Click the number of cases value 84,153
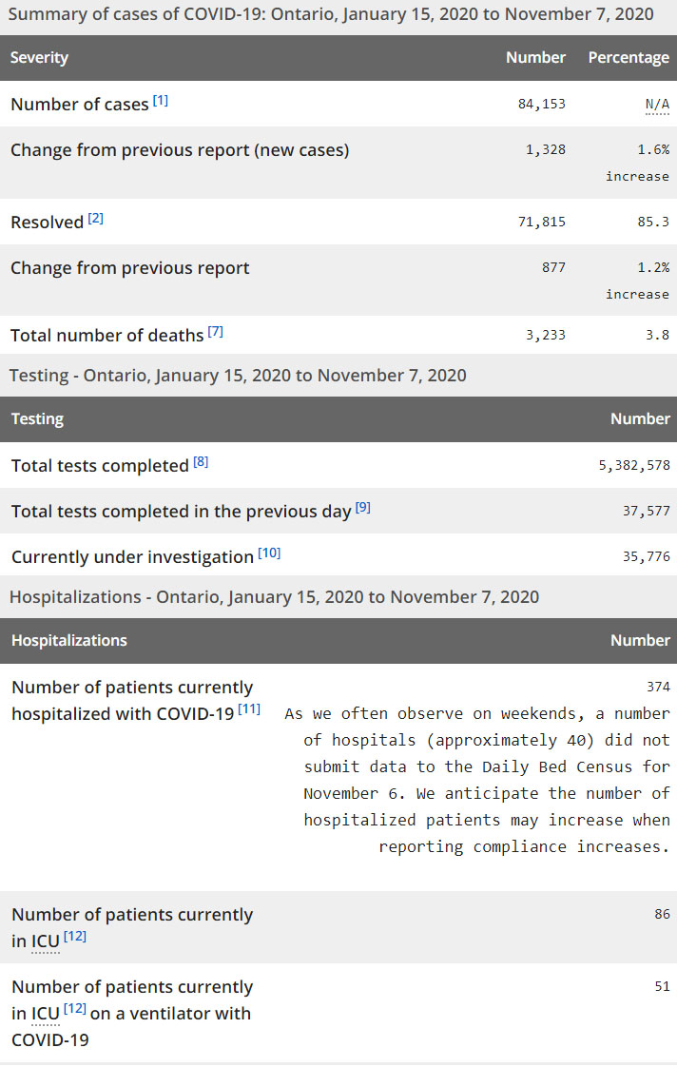(541, 104)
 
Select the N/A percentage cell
(657, 104)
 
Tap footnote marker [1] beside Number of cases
(161, 100)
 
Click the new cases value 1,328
(545, 149)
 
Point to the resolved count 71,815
(541, 222)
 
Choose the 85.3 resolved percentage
(657, 222)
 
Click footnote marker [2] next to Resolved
(96, 218)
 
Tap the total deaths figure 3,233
(545, 334)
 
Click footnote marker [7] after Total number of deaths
(216, 331)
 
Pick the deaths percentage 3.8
(661, 334)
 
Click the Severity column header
(39, 58)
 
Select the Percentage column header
(629, 58)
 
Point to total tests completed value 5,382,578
(634, 465)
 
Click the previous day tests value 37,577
(647, 511)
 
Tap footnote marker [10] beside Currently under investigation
(269, 553)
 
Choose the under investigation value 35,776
(647, 556)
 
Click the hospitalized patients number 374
(658, 687)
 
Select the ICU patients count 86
(662, 914)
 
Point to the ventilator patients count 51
(662, 986)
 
